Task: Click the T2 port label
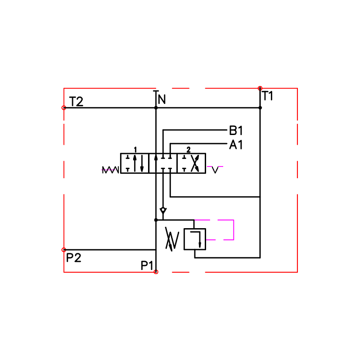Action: pyautogui.click(x=76, y=102)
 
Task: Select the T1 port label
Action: pyautogui.click(x=267, y=96)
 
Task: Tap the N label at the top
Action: pyautogui.click(x=162, y=99)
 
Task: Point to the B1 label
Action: pyautogui.click(x=236, y=130)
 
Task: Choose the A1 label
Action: pyautogui.click(x=236, y=144)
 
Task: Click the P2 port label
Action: pyautogui.click(x=73, y=257)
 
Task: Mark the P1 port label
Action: pyautogui.click(x=147, y=265)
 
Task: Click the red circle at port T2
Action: pyautogui.click(x=64, y=108)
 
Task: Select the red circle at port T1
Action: pyautogui.click(x=260, y=88)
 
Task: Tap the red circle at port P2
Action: pyautogui.click(x=64, y=250)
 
